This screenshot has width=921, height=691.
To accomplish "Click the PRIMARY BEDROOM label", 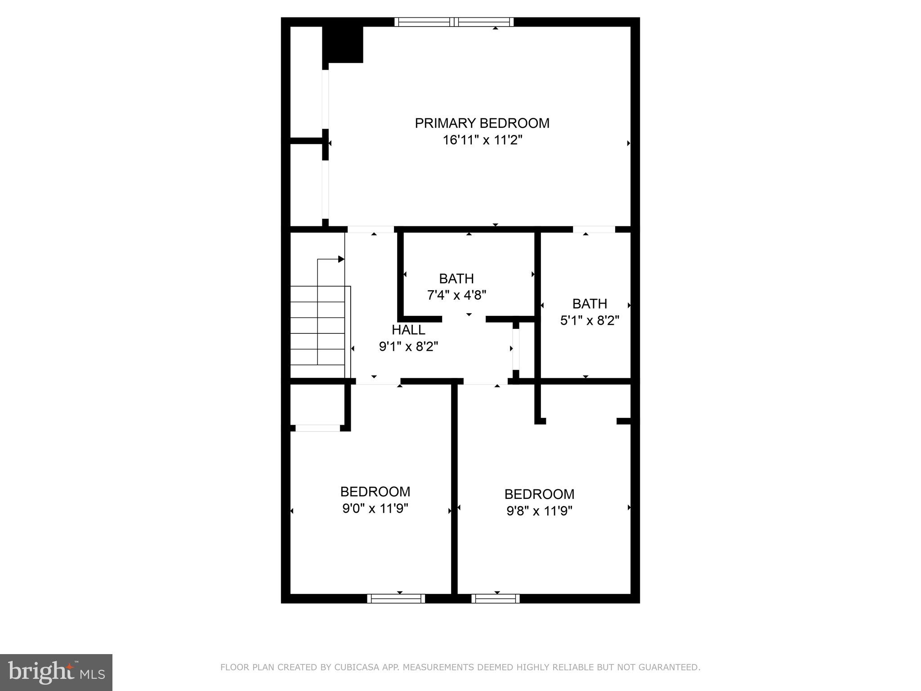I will (482, 123).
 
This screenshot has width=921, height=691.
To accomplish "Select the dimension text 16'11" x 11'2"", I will (482, 140).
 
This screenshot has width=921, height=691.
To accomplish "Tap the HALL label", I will (408, 330).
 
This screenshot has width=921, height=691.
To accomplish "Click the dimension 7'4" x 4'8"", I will (456, 295).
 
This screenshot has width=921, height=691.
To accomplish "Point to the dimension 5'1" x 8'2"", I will (590, 320).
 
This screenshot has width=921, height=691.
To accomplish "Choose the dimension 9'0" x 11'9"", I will (375, 508).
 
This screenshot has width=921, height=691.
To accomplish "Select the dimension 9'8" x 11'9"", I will (539, 511).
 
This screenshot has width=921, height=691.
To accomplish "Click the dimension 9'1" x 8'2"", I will (408, 346).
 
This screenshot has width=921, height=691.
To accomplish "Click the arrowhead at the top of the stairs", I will (341, 259).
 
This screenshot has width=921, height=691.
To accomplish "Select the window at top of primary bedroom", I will (454, 22).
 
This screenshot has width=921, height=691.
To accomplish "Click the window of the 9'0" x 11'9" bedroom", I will (396, 598).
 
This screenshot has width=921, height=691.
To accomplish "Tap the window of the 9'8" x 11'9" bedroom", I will (496, 598).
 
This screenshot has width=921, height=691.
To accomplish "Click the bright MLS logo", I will (56, 672).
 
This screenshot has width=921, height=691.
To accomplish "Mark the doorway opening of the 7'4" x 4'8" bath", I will (464, 319).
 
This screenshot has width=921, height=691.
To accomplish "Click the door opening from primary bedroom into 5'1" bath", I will (594, 229).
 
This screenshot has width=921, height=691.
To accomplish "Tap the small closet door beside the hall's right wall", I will (516, 349).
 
